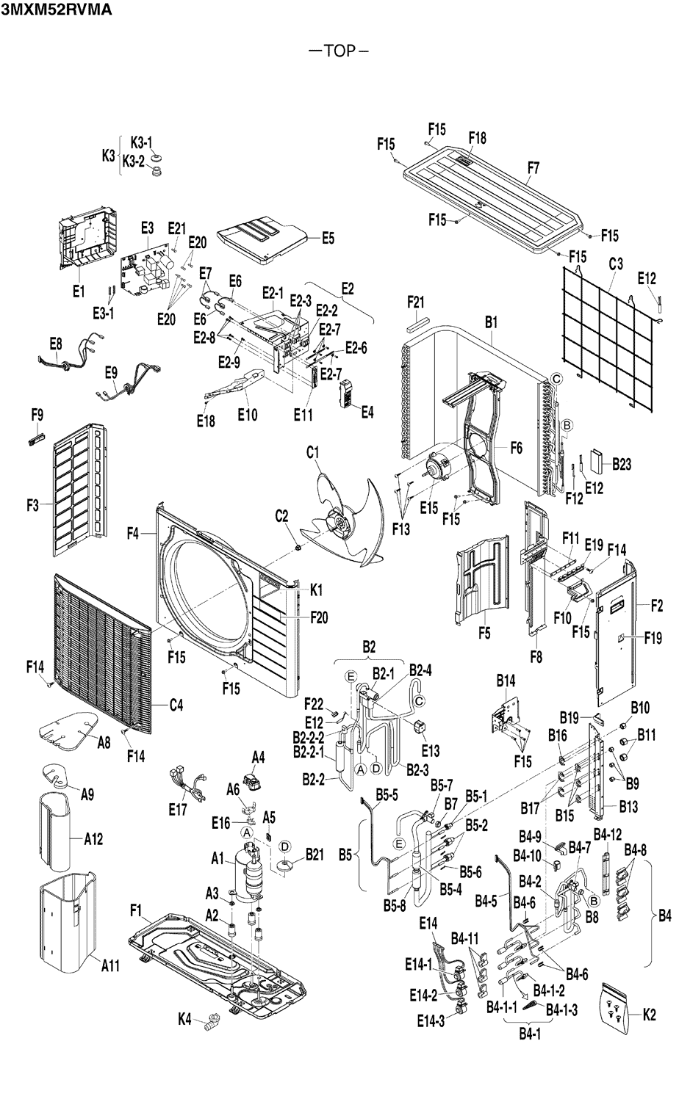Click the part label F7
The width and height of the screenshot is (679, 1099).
pos(533,168)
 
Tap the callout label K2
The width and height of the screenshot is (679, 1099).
pos(649,1016)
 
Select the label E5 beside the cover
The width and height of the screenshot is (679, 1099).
pos(328,238)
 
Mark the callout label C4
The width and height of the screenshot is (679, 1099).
pos(176,706)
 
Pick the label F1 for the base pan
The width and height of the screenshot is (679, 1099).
pos(135,911)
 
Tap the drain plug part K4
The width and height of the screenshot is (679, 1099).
pos(213,1020)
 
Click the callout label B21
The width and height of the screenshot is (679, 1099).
pos(314,855)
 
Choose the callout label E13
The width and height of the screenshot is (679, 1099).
pos(431,750)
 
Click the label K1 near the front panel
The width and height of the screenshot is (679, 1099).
pos(317,590)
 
